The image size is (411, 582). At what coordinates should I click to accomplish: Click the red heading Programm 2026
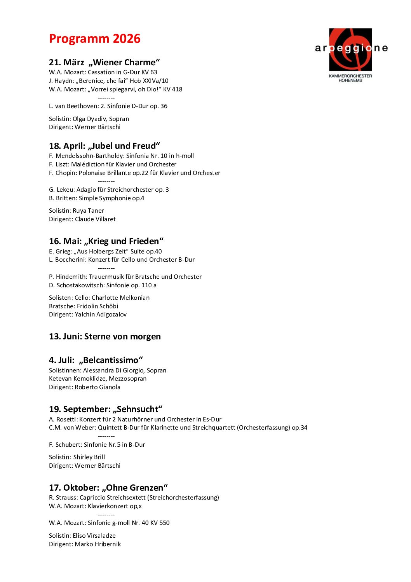[x=94, y=39]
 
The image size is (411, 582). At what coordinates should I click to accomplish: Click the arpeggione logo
[x=350, y=49]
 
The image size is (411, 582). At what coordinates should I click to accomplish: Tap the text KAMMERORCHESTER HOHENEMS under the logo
[x=350, y=78]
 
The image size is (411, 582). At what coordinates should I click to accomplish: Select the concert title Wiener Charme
[x=124, y=63]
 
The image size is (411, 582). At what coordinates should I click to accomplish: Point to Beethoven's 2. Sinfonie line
[x=108, y=106]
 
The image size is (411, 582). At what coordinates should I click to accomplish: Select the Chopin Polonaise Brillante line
[x=134, y=173]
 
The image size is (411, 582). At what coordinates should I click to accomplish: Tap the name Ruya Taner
[x=88, y=211]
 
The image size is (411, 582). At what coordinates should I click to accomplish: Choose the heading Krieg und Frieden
[x=124, y=241]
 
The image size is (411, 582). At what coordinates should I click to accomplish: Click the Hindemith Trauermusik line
[x=125, y=277]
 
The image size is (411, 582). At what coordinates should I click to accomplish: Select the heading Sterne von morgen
[x=122, y=337]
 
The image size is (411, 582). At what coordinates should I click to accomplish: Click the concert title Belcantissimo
[x=111, y=360]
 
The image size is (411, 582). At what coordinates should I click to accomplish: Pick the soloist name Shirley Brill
[x=89, y=457]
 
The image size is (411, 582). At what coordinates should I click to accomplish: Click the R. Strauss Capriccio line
[x=134, y=498]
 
